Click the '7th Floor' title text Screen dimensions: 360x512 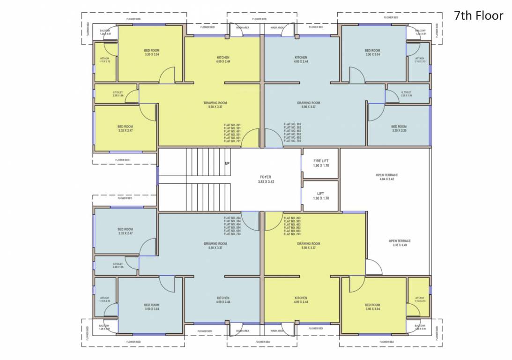pyautogui.click(x=478, y=15)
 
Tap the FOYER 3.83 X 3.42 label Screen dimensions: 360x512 pyautogui.click(x=266, y=179)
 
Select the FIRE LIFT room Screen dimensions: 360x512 pyautogui.click(x=321, y=163)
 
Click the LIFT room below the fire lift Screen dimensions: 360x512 pyautogui.click(x=321, y=195)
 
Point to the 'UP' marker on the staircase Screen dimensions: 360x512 pyautogui.click(x=227, y=164)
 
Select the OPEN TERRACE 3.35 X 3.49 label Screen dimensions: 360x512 pyautogui.click(x=400, y=243)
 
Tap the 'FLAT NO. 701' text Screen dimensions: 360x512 pyautogui.click(x=232, y=141)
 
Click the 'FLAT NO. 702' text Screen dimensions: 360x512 pyautogui.click(x=292, y=141)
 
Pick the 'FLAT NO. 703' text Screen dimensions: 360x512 pyautogui.click(x=292, y=234)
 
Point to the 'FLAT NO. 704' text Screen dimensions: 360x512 pyautogui.click(x=232, y=234)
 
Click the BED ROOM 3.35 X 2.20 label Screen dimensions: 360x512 pyautogui.click(x=399, y=128)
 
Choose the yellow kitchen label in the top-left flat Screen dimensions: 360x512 pyautogui.click(x=223, y=59)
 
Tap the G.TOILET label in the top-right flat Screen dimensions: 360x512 pyautogui.click(x=406, y=94)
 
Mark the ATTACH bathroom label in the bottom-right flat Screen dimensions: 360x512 pyautogui.click(x=420, y=299)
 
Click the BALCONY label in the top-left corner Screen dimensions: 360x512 pyautogui.click(x=105, y=32)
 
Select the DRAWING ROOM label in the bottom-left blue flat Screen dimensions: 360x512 pyautogui.click(x=215, y=246)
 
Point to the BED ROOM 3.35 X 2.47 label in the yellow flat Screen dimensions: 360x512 pyautogui.click(x=125, y=128)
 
